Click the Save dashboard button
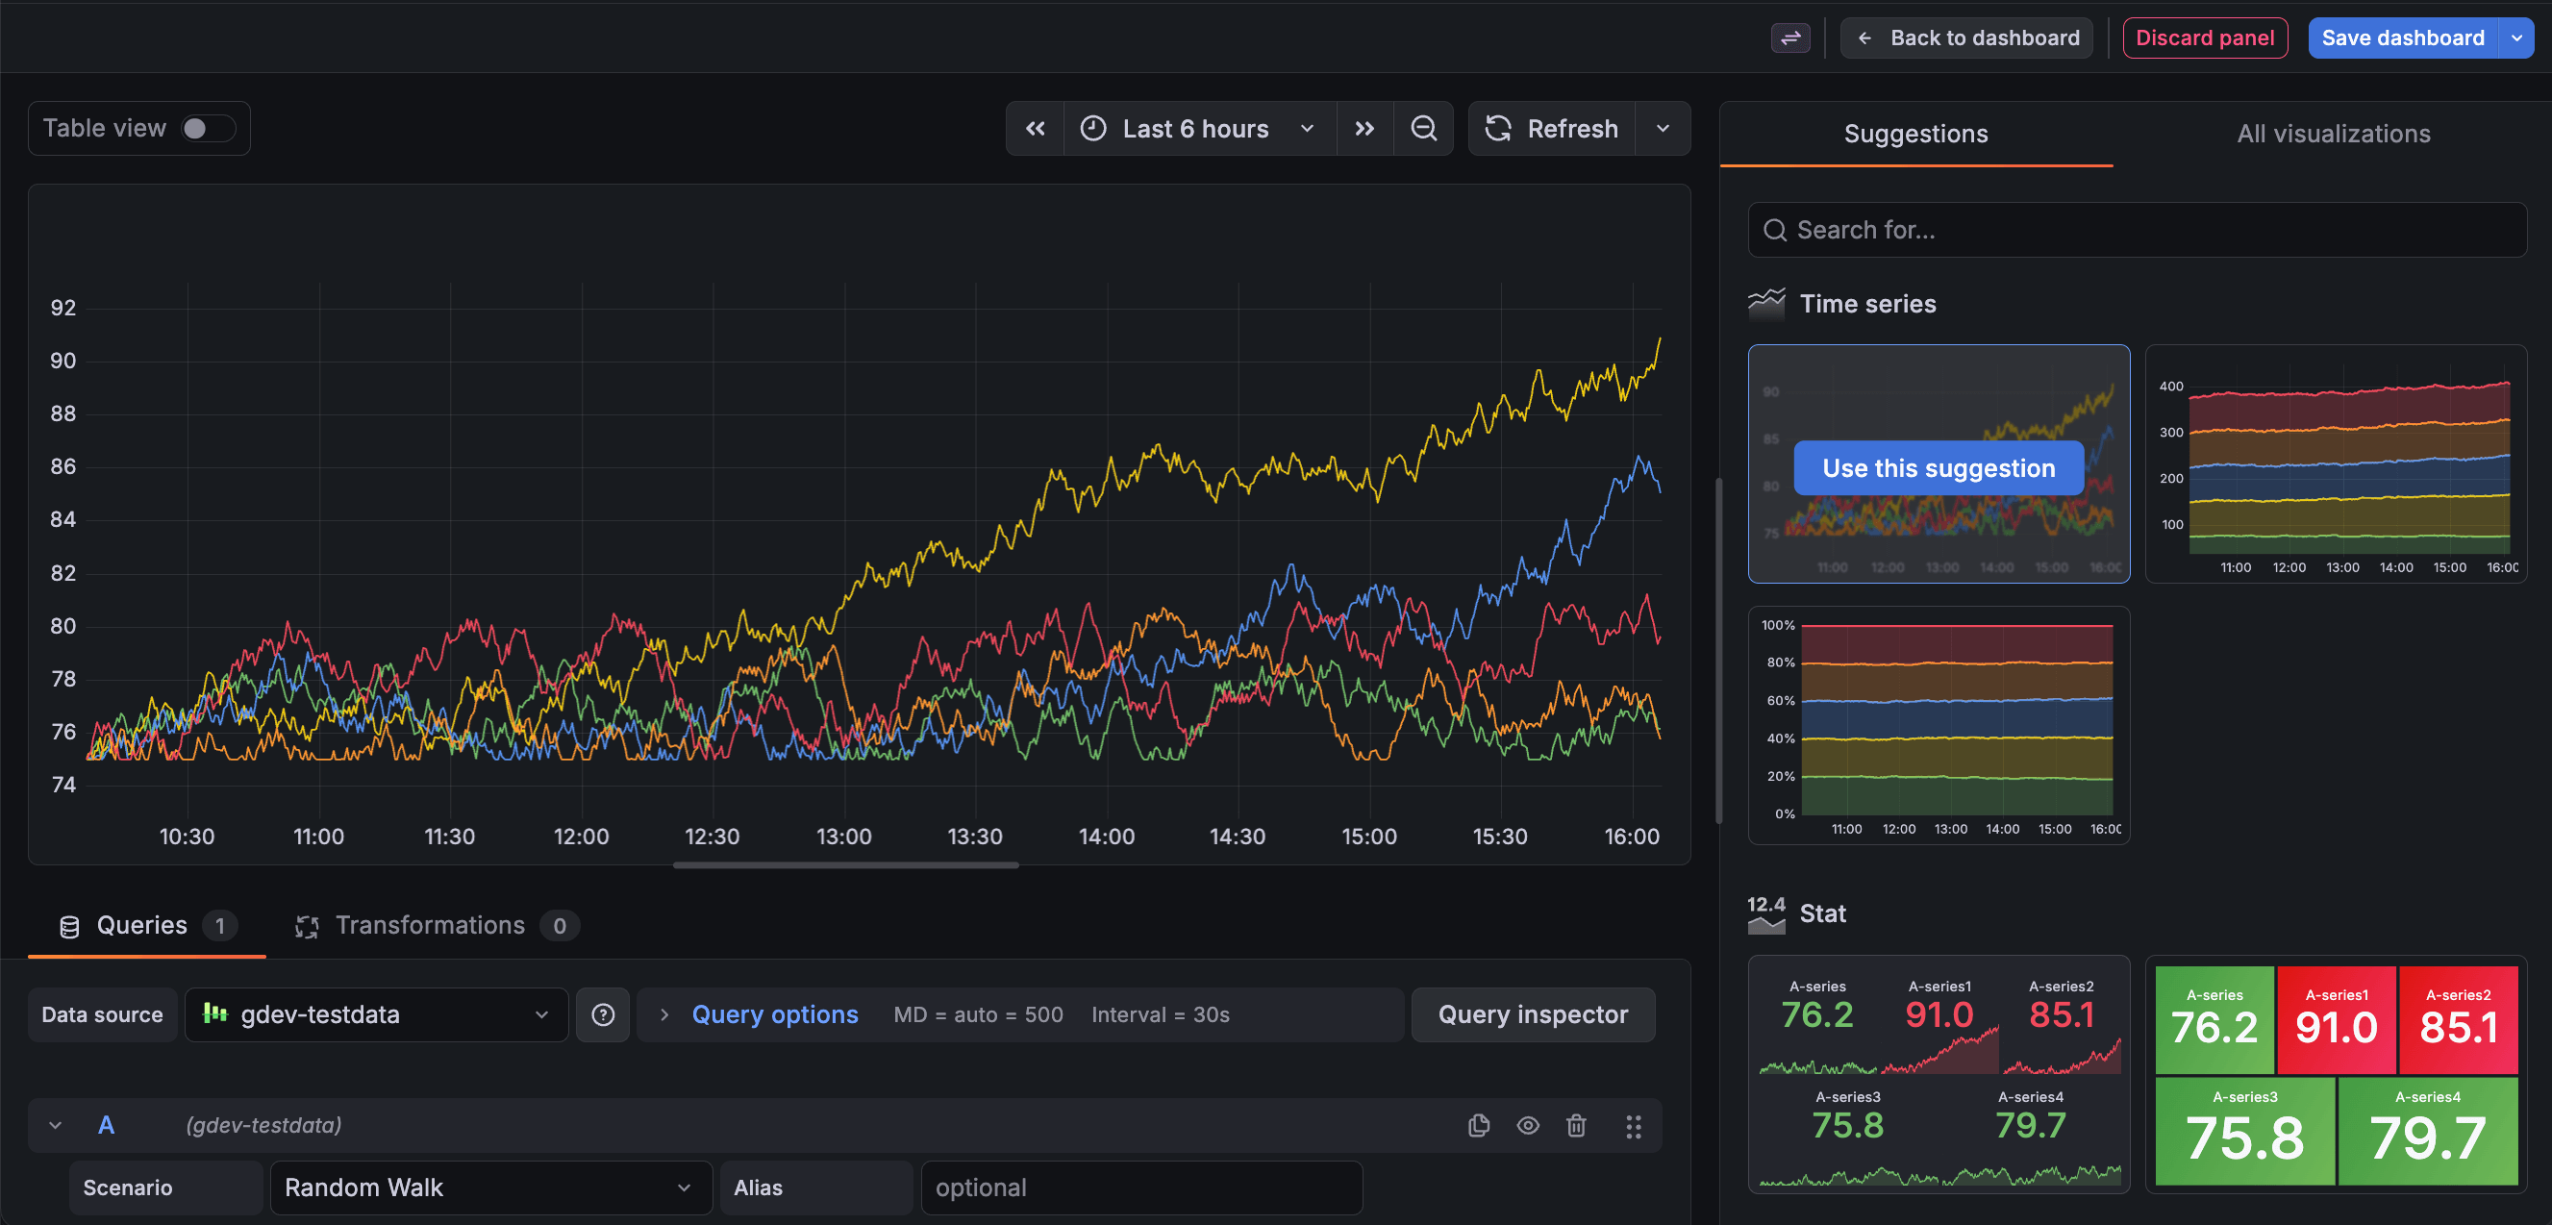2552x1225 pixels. pyautogui.click(x=2401, y=37)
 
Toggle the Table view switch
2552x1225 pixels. pyautogui.click(x=207, y=129)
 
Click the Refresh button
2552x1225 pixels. pyautogui.click(x=1552, y=129)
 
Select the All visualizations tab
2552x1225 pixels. pyautogui.click(x=2332, y=134)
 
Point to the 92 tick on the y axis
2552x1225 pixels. pyautogui.click(x=63, y=308)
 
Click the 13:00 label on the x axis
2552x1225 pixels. pyautogui.click(x=843, y=837)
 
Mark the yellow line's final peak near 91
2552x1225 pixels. pyautogui.click(x=1660, y=339)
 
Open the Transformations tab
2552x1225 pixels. pyautogui.click(x=429, y=925)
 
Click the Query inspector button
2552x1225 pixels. pyautogui.click(x=1532, y=1014)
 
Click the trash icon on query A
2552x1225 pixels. pyautogui.click(x=1575, y=1125)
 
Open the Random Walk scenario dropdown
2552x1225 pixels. pyautogui.click(x=489, y=1187)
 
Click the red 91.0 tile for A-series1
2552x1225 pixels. pyautogui.click(x=2335, y=1020)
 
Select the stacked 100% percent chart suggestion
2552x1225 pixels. pyautogui.click(x=1938, y=725)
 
